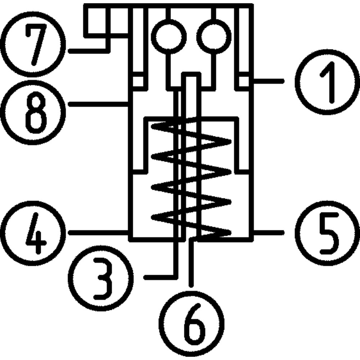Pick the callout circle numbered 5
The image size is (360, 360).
click(327, 232)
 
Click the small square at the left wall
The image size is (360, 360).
click(138, 81)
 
